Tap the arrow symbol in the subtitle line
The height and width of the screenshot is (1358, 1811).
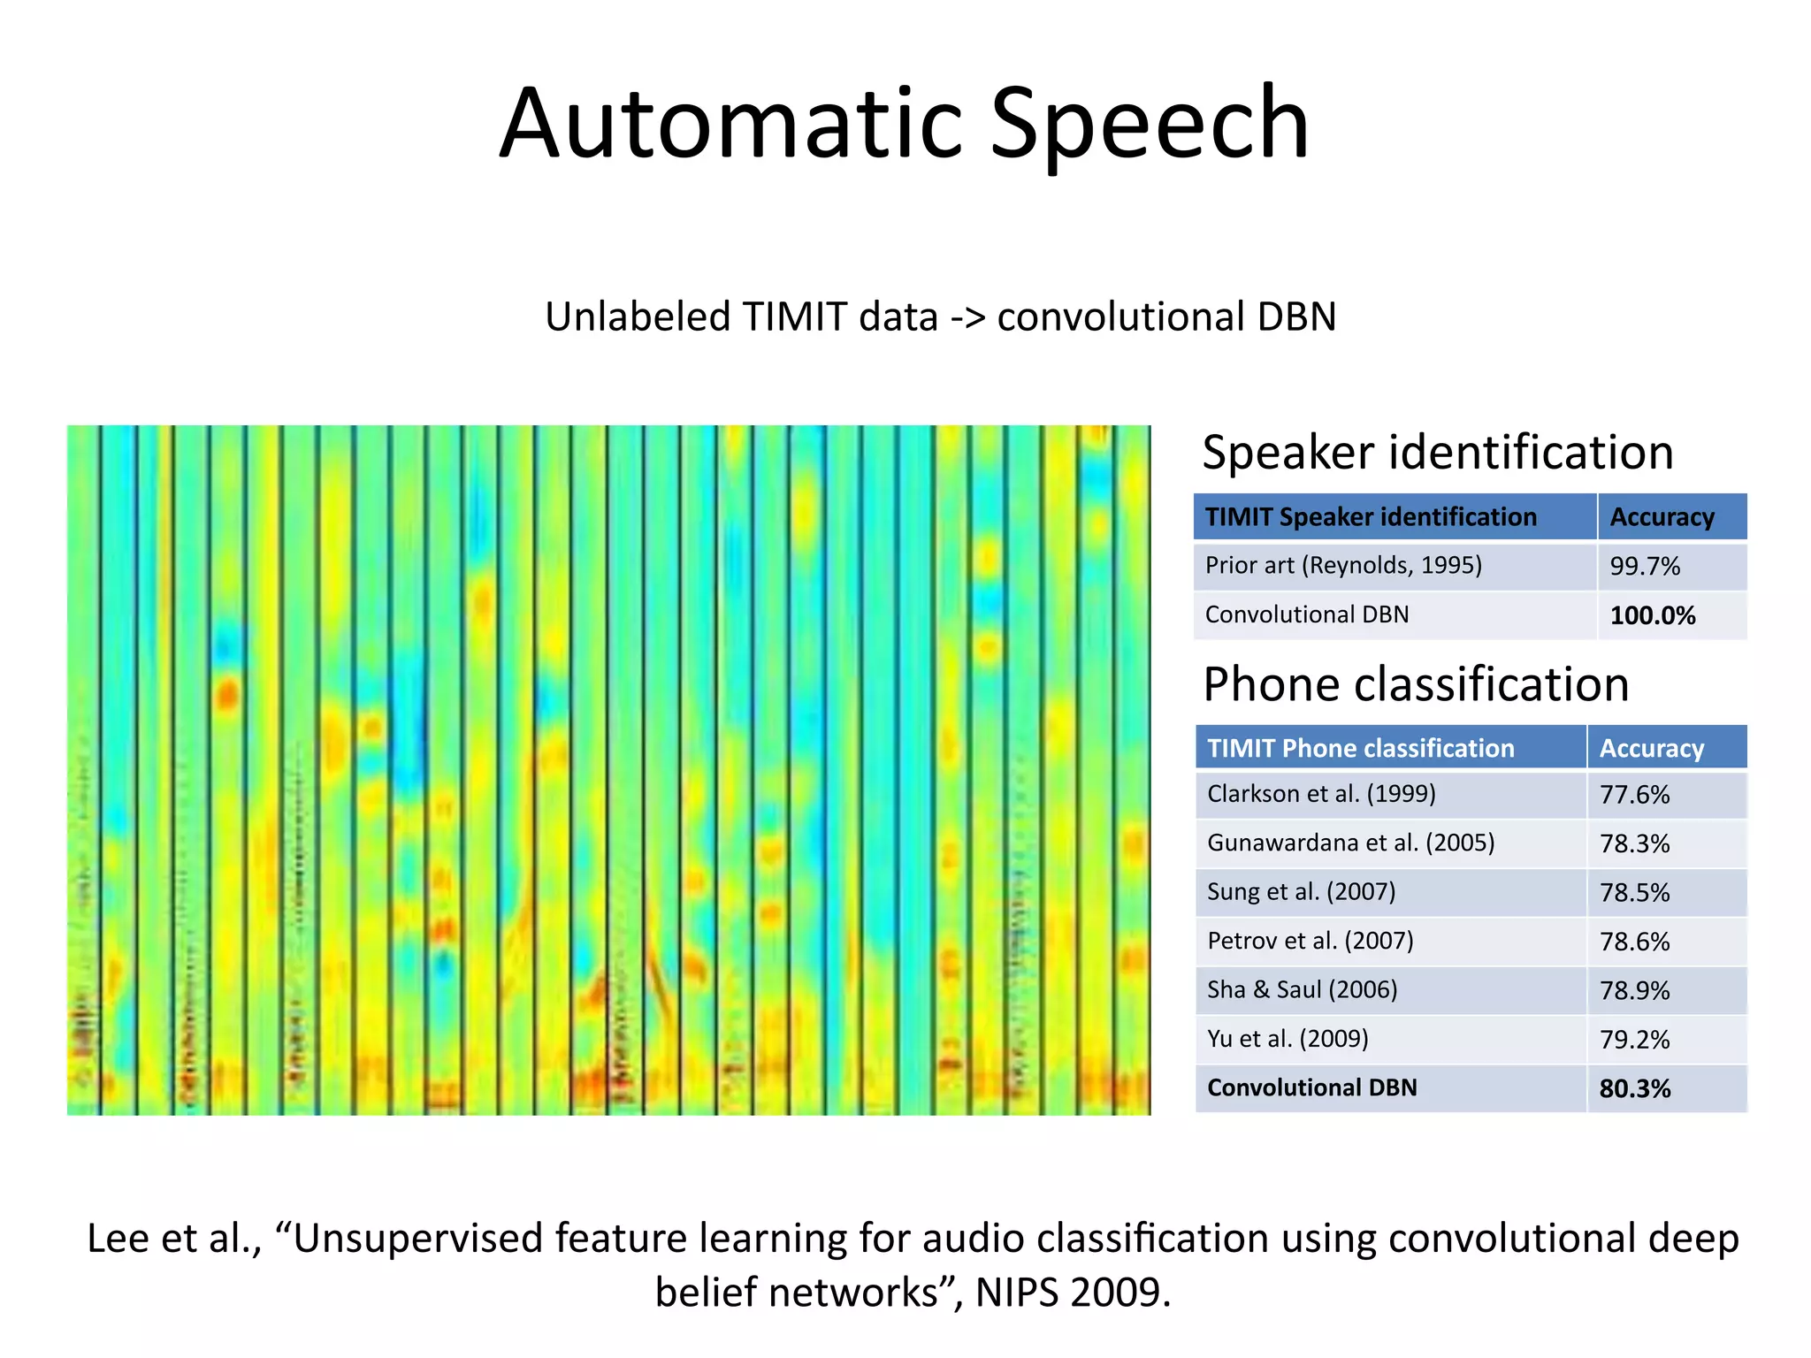click(x=967, y=317)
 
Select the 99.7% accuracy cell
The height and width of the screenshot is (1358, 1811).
click(x=1645, y=566)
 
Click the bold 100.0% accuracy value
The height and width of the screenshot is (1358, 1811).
click(x=1652, y=615)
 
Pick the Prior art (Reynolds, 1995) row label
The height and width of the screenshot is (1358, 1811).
click(x=1342, y=566)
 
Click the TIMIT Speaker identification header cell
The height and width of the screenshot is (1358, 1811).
click(x=1371, y=517)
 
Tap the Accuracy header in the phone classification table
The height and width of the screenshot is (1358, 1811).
click(x=1651, y=749)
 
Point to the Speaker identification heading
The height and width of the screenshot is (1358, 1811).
click(x=1437, y=453)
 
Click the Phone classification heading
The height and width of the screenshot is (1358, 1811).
click(x=1416, y=684)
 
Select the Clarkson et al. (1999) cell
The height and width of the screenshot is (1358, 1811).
click(x=1321, y=794)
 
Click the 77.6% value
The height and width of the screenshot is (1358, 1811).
click(x=1634, y=795)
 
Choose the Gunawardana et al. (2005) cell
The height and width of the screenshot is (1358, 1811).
click(x=1350, y=843)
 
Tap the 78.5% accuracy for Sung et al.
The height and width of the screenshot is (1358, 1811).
click(x=1634, y=893)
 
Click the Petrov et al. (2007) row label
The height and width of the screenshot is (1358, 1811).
click(x=1310, y=941)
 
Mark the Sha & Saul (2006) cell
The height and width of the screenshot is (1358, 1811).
click(x=1302, y=989)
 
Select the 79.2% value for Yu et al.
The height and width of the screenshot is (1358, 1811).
click(x=1634, y=1040)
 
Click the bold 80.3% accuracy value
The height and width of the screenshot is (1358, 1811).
click(x=1634, y=1088)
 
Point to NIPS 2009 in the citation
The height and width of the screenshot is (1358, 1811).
click(x=1072, y=1293)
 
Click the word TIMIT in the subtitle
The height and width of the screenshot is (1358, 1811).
click(x=794, y=317)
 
